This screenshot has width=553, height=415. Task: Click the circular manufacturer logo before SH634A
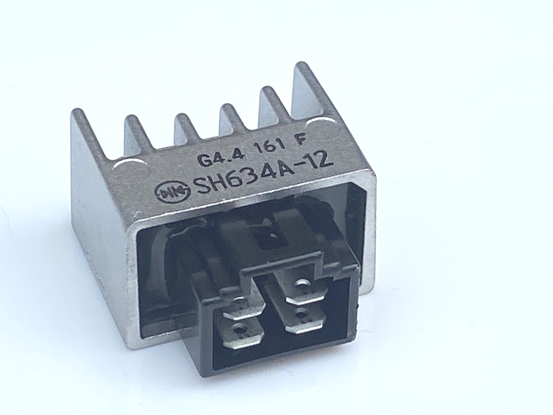click(173, 194)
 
